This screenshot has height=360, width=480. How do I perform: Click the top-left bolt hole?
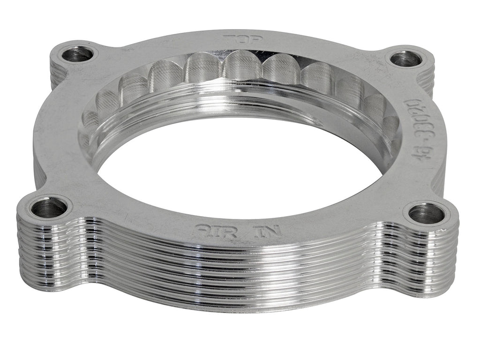(76, 54)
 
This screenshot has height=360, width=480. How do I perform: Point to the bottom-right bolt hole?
(426, 214)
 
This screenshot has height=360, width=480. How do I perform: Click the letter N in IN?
(271, 232)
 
